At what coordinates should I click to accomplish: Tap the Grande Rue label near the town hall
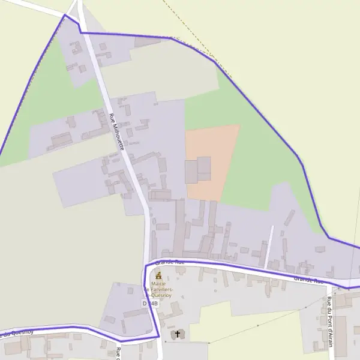(169, 262)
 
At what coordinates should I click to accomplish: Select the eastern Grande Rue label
(308, 280)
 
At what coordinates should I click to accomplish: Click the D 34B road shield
(151, 304)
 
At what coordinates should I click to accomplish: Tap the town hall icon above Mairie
(158, 275)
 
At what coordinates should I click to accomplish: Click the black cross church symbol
(177, 334)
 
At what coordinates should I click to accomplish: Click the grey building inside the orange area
(199, 170)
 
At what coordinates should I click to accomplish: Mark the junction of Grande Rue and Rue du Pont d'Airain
(329, 284)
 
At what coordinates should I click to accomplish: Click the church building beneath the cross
(178, 335)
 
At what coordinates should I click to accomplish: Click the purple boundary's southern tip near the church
(157, 337)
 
